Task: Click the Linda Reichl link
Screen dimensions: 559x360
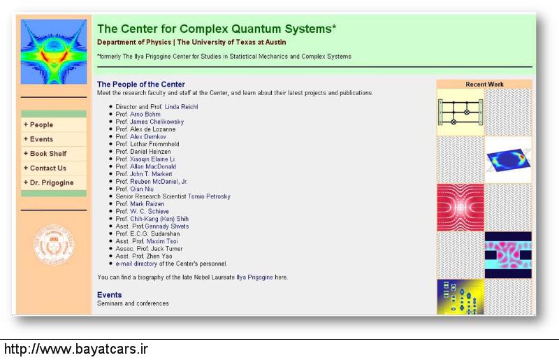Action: pyautogui.click(x=181, y=107)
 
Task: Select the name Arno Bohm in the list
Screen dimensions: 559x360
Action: pyautogui.click(x=145, y=114)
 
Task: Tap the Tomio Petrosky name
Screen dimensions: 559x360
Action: pyautogui.click(x=209, y=196)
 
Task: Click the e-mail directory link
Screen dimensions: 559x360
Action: pyautogui.click(x=136, y=264)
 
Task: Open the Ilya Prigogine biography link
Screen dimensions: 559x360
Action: pyautogui.click(x=254, y=278)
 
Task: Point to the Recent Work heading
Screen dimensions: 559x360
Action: pyautogui.click(x=484, y=84)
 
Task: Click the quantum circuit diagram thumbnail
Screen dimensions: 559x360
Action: pyautogui.click(x=460, y=113)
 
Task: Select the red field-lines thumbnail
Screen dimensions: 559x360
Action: pyautogui.click(x=460, y=208)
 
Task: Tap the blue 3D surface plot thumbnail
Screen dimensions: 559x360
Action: pyautogui.click(x=508, y=160)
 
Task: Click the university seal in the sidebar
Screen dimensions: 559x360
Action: pyautogui.click(x=54, y=245)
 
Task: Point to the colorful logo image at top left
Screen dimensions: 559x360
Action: pyautogui.click(x=54, y=52)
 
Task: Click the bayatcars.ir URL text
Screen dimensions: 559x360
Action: pyautogui.click(x=75, y=349)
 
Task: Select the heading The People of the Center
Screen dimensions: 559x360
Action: pyautogui.click(x=141, y=84)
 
